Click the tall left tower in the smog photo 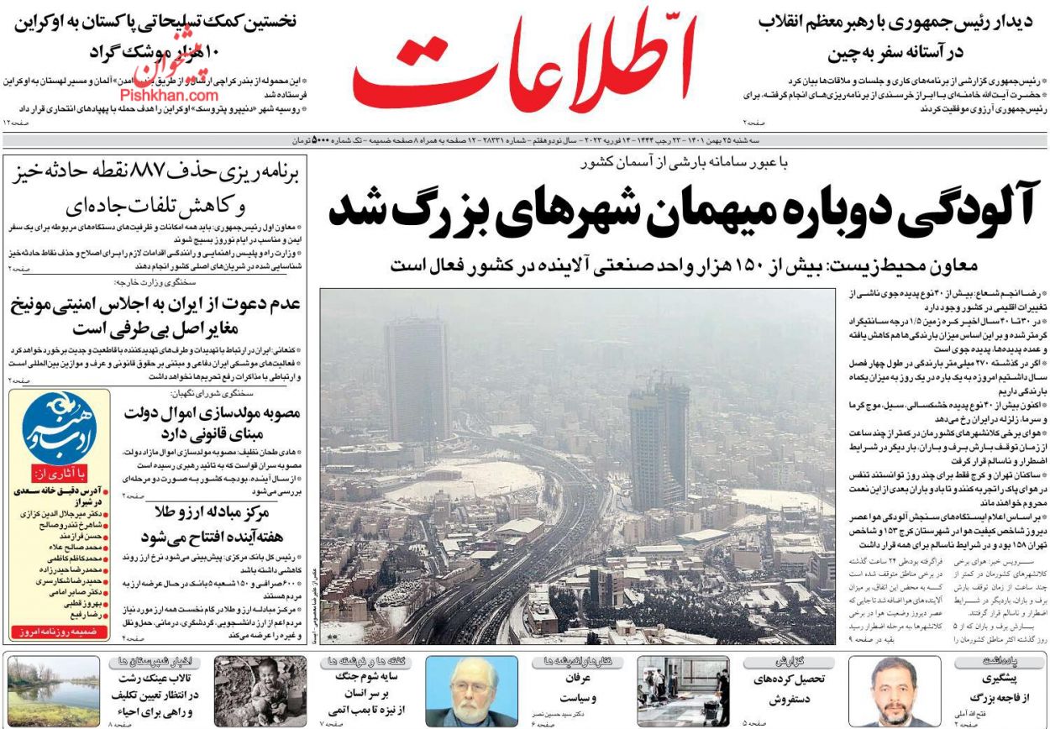(x=417, y=378)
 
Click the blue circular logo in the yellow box (x=59, y=427)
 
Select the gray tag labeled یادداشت (x=1000, y=662)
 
